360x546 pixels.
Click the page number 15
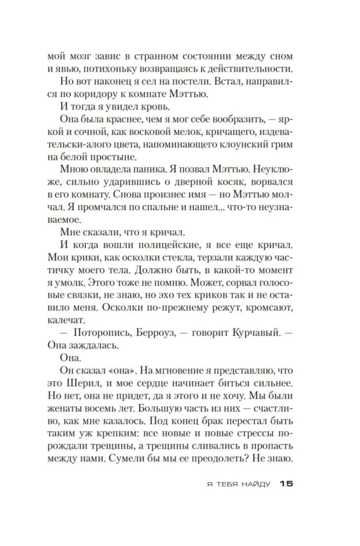click(x=286, y=483)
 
